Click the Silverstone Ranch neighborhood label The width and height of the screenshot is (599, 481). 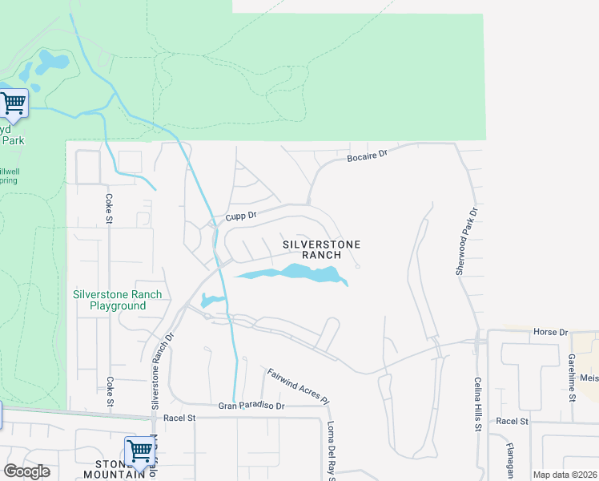321,249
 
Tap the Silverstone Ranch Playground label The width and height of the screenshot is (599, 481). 117,300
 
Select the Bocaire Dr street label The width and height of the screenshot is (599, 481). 367,155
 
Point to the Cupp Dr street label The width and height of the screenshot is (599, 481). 240,216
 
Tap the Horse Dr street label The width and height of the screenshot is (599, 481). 550,331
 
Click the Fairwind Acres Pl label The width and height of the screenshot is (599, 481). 298,385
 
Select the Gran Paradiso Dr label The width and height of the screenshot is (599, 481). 251,406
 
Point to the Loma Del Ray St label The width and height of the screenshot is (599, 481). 330,449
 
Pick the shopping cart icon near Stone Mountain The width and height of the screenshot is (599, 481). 139,451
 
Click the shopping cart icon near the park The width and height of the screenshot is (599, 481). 12,103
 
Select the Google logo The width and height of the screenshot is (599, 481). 26,471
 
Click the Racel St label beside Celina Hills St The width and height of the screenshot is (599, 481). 513,421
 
